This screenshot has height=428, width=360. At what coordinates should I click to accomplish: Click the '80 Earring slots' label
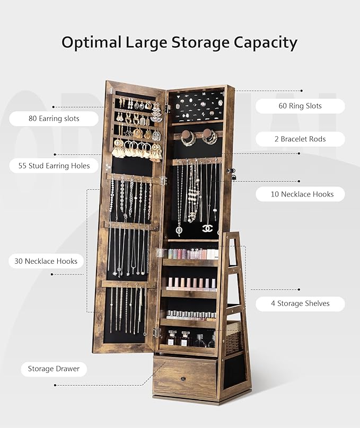pyautogui.click(x=54, y=119)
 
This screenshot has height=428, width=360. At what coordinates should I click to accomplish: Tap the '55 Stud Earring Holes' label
pyautogui.click(x=54, y=166)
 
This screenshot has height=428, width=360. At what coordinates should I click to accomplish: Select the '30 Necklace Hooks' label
pyautogui.click(x=46, y=261)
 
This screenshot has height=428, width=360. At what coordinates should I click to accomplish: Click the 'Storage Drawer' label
pyautogui.click(x=54, y=369)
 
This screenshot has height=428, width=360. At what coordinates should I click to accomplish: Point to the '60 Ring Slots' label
pyautogui.click(x=300, y=106)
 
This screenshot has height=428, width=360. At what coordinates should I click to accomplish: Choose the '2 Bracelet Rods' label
pyautogui.click(x=300, y=139)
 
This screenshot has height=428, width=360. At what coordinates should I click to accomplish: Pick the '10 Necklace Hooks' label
pyautogui.click(x=302, y=194)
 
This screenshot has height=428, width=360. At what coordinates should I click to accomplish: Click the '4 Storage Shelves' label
pyautogui.click(x=300, y=304)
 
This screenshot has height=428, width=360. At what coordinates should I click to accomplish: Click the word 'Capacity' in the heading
pyautogui.click(x=265, y=42)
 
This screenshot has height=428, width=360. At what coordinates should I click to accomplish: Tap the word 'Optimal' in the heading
pyautogui.click(x=91, y=42)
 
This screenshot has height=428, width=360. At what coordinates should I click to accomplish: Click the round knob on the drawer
pyautogui.click(x=183, y=379)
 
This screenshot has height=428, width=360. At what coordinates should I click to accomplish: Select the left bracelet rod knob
pyautogui.click(x=187, y=135)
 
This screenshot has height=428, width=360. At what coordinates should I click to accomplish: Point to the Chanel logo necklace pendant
pyautogui.click(x=207, y=228)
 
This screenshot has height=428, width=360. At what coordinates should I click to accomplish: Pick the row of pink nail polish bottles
pyautogui.click(x=191, y=284)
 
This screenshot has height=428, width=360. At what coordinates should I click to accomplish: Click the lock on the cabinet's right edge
pyautogui.click(x=231, y=173)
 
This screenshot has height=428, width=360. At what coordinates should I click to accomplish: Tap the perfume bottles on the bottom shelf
pyautogui.click(x=191, y=339)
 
